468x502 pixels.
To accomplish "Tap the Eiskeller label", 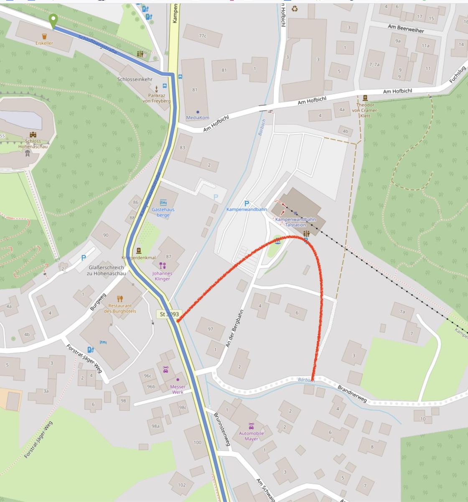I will pos(44,43).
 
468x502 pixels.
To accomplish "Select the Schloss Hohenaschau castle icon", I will pos(33,135).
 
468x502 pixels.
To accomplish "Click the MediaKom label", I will pos(197,118).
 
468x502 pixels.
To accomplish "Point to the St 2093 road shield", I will pos(169,314).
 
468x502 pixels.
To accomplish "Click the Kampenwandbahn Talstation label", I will pos(295,222).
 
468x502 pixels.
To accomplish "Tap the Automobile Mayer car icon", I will pos(251,426).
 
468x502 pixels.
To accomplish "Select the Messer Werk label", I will pos(178,389).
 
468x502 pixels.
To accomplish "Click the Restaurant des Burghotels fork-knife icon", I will pos(120,298).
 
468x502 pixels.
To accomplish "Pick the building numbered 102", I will pos(181,485).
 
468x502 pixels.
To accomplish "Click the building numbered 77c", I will pos(203,36).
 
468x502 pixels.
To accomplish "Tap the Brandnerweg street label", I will pos(352,394).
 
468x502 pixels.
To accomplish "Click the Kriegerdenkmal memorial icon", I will pos(139,250).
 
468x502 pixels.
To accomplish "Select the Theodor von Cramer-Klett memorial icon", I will pos(365,97).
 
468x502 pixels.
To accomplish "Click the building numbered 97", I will pos(210,329).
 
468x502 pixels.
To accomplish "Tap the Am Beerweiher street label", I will pos(405,28).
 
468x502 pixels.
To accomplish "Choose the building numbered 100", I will pos(197,442).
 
